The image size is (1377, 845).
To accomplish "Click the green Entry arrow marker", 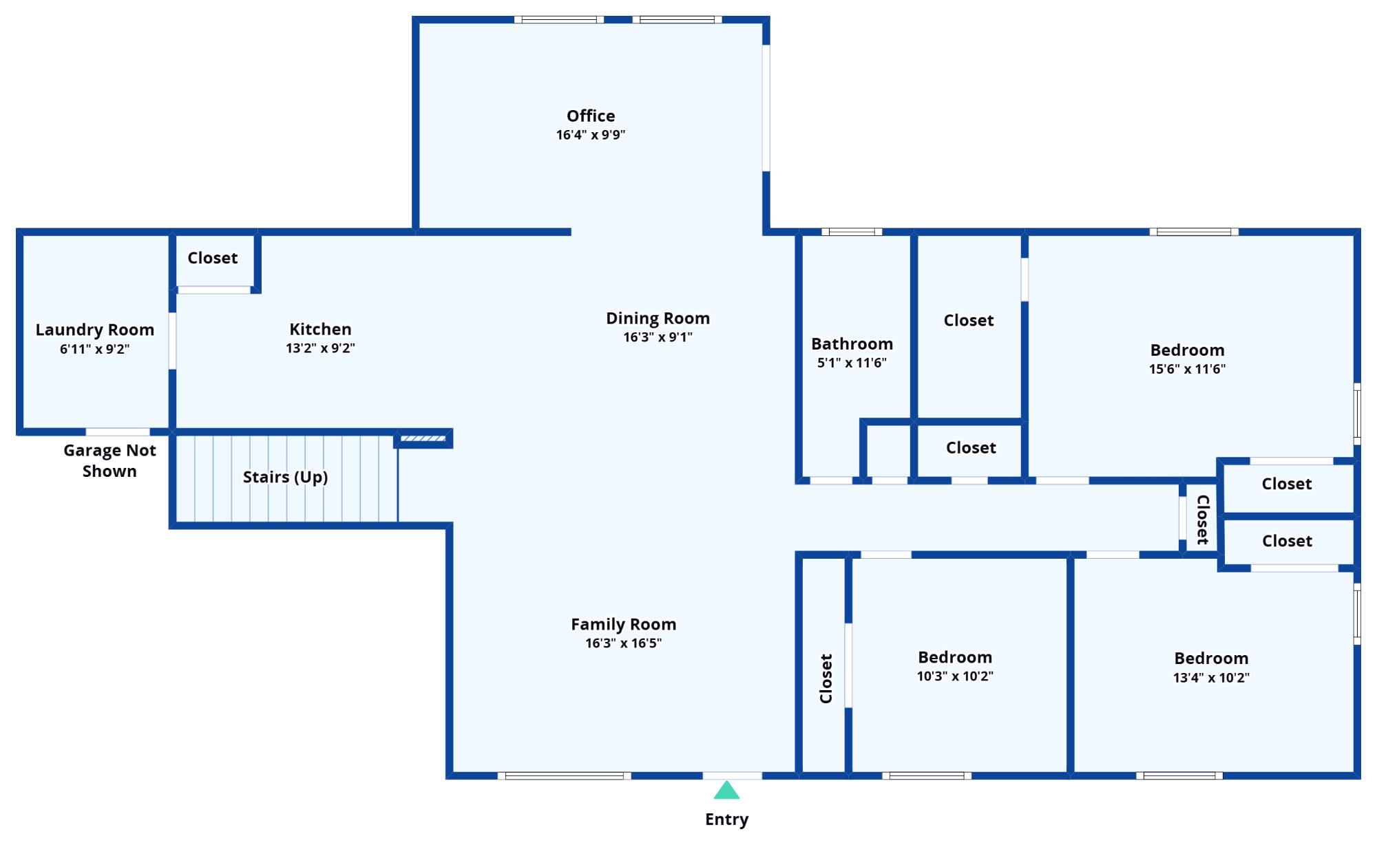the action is click(x=726, y=790).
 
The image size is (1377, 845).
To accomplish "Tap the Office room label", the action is click(x=591, y=116).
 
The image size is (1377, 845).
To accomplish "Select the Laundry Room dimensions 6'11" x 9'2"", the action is click(x=94, y=349).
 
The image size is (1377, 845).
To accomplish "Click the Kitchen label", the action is click(x=320, y=329).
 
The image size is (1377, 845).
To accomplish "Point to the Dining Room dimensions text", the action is click(x=658, y=337).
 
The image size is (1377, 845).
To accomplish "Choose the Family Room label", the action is click(x=623, y=624).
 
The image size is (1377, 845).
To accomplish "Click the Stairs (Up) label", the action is click(x=285, y=477).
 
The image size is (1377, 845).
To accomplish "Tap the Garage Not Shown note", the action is click(x=109, y=460).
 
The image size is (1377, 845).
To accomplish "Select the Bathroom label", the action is click(x=852, y=344).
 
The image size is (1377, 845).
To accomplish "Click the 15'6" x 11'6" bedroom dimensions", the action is click(x=1187, y=369).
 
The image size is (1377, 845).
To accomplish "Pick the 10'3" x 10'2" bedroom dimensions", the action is click(x=955, y=676).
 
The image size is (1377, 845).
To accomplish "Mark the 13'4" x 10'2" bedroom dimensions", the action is click(x=1211, y=678).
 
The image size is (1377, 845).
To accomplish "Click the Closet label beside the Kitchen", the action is click(x=212, y=258).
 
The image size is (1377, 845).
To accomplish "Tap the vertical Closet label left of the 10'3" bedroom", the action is click(x=826, y=678).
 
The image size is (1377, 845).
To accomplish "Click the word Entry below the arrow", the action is click(x=726, y=820).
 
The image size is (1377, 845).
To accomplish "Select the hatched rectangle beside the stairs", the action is click(x=423, y=438).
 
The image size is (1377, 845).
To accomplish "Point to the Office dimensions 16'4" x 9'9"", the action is click(x=591, y=135).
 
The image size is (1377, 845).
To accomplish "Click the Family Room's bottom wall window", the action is click(x=564, y=776).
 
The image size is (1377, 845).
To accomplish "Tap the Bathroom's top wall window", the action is click(x=852, y=232).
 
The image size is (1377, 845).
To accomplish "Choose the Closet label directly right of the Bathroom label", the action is click(x=968, y=321).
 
